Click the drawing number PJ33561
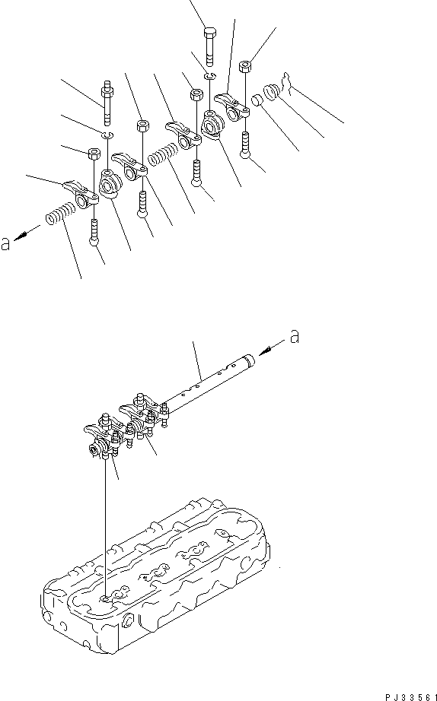click(410, 697)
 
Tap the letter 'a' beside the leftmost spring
click(5, 244)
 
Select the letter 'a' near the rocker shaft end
click(294, 336)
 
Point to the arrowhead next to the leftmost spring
click(19, 236)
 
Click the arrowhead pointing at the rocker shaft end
click(263, 351)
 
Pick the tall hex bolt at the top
click(210, 47)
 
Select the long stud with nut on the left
click(107, 103)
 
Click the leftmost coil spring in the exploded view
click(60, 213)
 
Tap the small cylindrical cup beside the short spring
click(257, 100)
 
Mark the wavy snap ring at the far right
click(287, 84)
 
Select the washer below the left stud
click(107, 135)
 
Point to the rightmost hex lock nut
click(245, 67)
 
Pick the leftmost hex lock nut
click(94, 154)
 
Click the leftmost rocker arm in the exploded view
click(81, 193)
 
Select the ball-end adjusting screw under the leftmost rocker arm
click(94, 233)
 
